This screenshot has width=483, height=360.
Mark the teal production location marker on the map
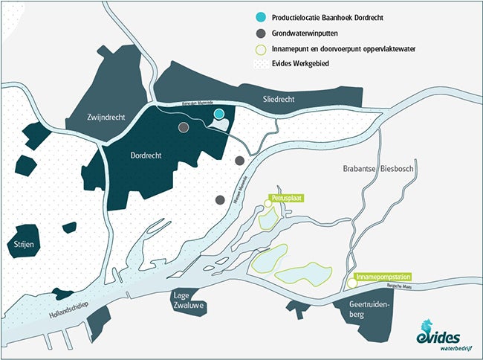(x=219, y=113)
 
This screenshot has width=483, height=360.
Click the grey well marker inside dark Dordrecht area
(x=184, y=127)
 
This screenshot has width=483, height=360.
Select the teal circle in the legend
(x=256, y=16)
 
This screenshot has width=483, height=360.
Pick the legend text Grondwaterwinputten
(x=308, y=33)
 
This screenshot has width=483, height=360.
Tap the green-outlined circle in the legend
(x=256, y=49)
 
